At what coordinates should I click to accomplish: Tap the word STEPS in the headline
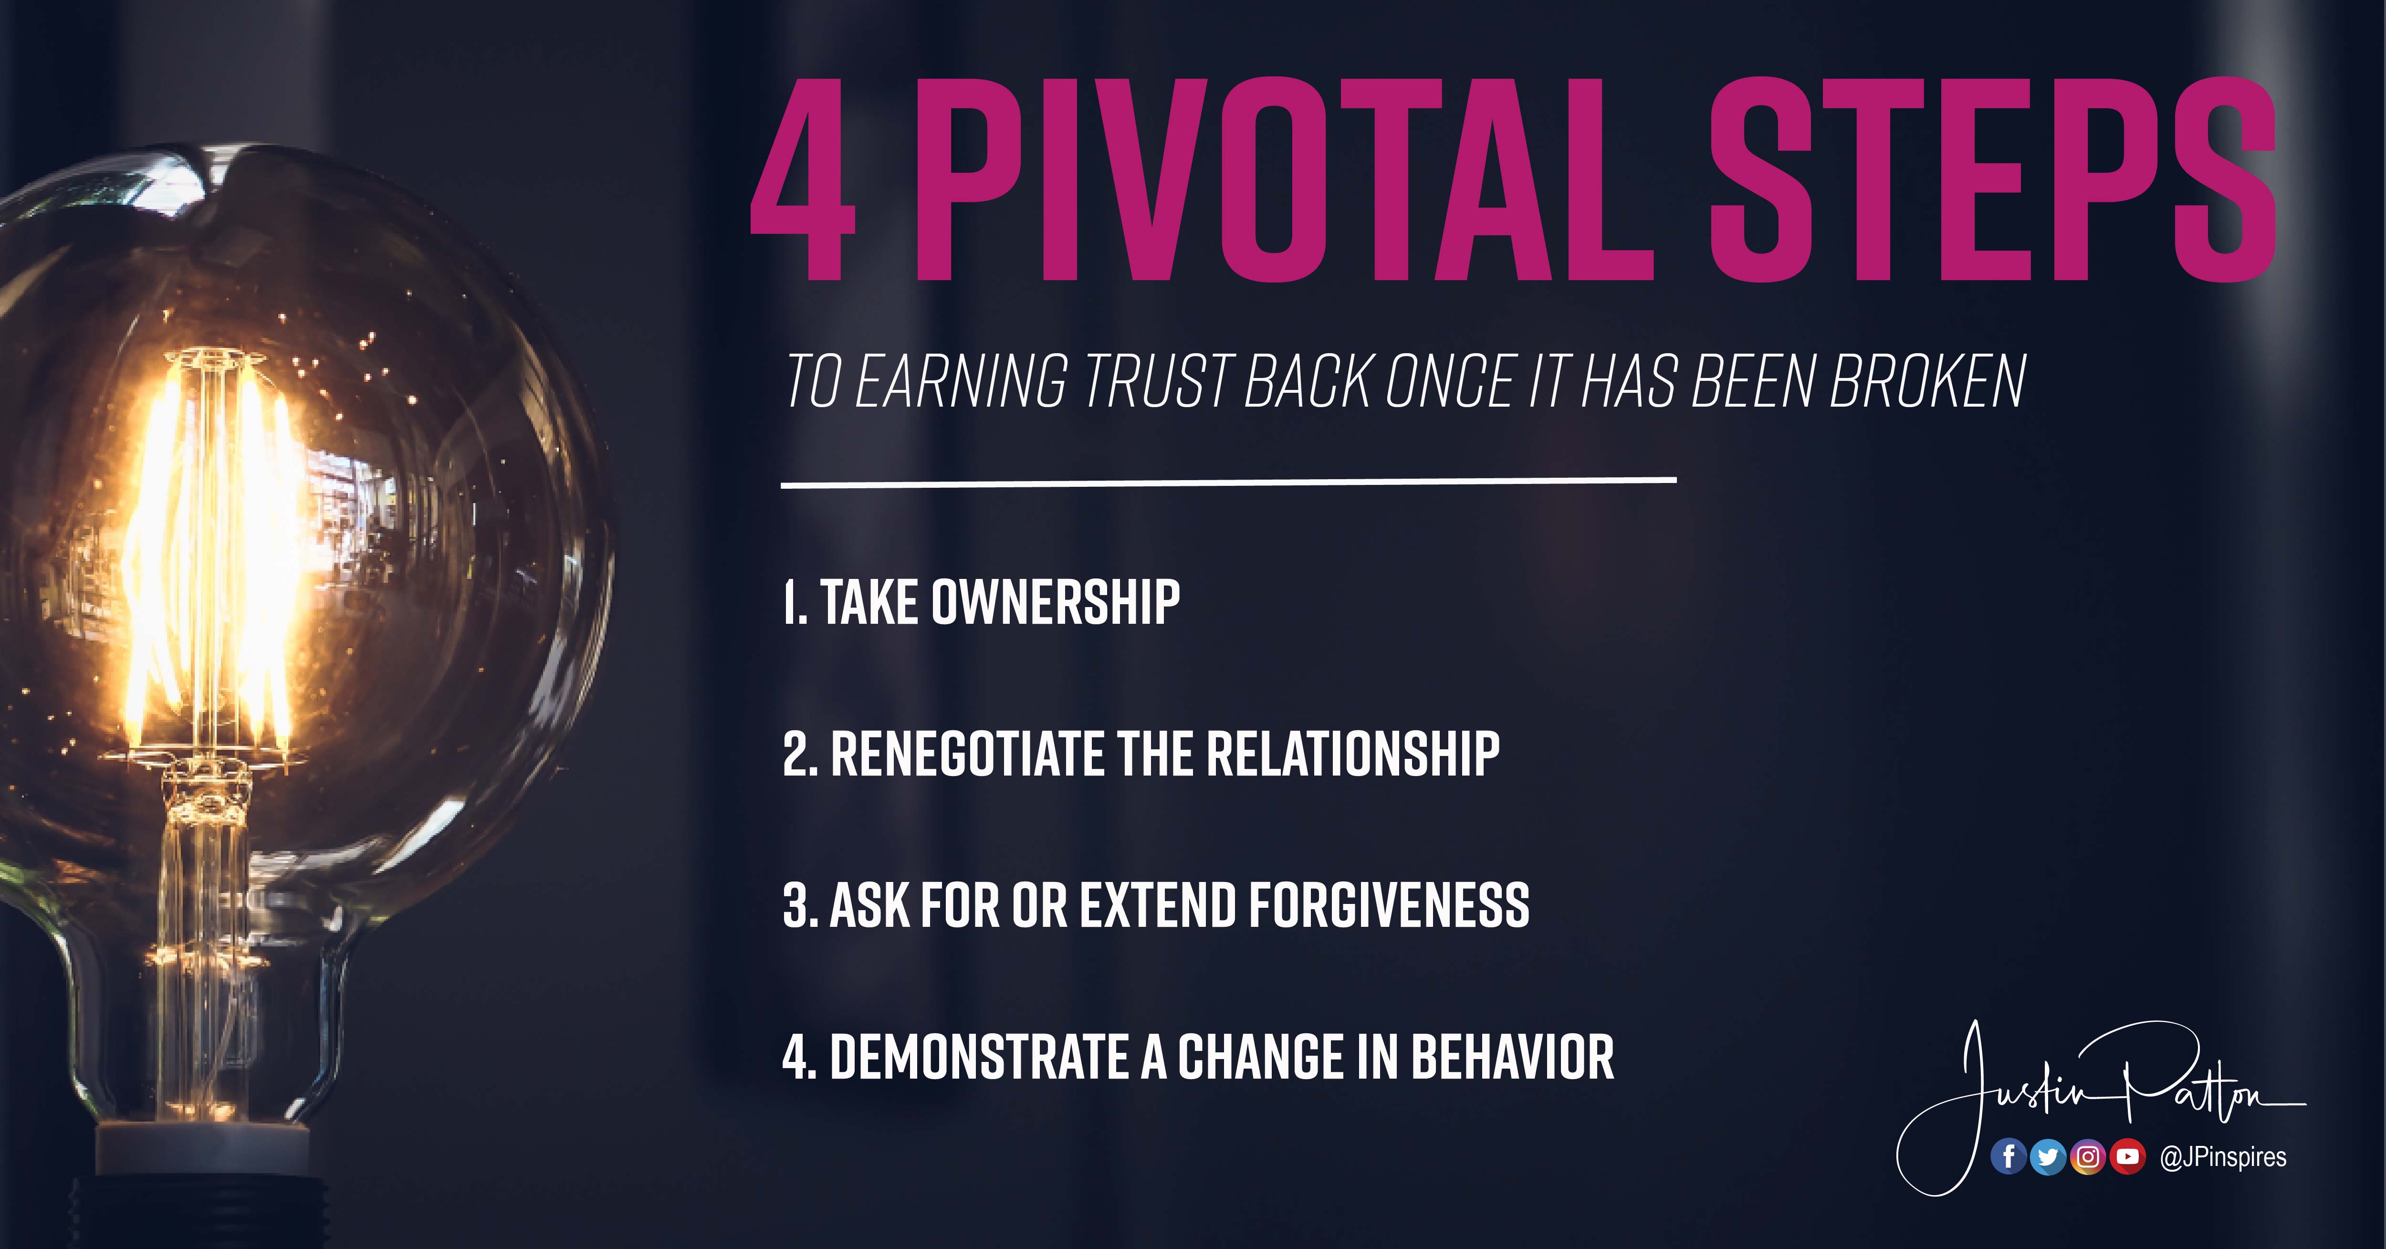click(x=1991, y=179)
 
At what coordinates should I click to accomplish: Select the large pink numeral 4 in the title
click(x=802, y=179)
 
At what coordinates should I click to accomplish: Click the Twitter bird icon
click(x=2048, y=1156)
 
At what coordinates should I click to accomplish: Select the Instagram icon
click(x=2088, y=1156)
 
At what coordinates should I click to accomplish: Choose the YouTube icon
click(x=2127, y=1156)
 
